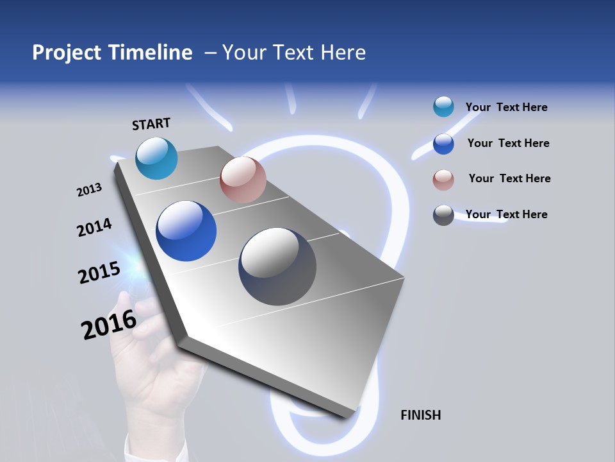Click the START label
click(151, 124)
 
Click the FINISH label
click(420, 415)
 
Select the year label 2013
click(89, 190)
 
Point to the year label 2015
click(99, 272)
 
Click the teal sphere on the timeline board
click(156, 158)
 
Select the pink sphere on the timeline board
click(243, 180)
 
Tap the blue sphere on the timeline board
click(186, 231)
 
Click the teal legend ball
click(443, 107)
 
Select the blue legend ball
click(443, 144)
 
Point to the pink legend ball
click(443, 180)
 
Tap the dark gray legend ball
click(443, 215)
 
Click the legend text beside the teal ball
click(506, 107)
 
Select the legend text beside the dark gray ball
click(506, 214)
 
